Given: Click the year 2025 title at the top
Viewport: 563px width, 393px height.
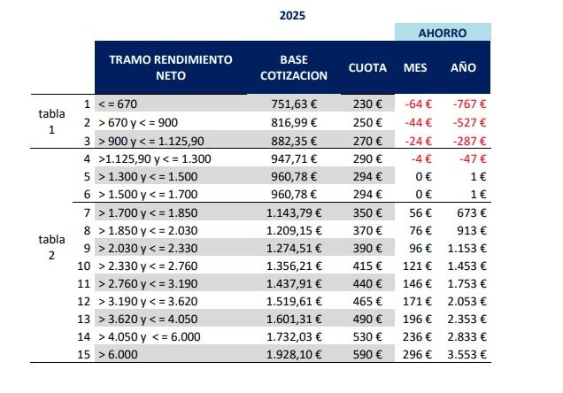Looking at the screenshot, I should pos(292,15).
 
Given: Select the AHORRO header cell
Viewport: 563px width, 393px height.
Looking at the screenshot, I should pos(443,32).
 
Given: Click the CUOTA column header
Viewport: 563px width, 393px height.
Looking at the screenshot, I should pos(366,68).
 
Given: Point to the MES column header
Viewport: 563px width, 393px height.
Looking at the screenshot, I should pos(416,68).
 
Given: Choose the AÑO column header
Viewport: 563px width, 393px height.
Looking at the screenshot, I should pos(463,68).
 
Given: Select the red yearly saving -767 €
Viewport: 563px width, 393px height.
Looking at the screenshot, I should pos(470,104).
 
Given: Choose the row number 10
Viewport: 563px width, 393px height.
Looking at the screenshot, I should pos(84,265).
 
